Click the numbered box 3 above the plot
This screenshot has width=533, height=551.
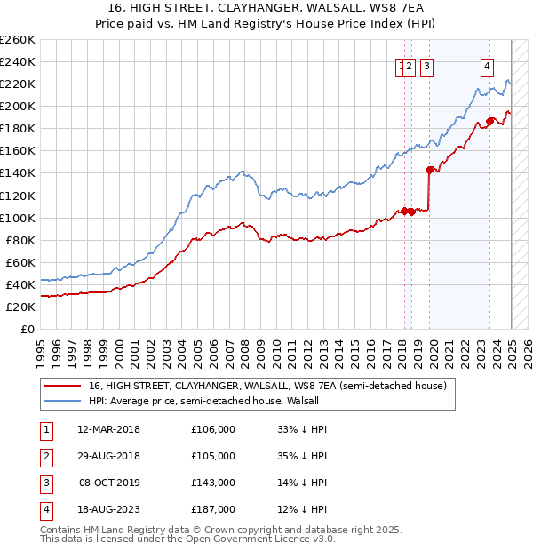[x=427, y=65]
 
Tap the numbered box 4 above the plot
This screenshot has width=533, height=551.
[x=489, y=65]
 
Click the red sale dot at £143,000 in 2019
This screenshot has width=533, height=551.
[x=430, y=169]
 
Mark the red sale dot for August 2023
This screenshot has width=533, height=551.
[x=489, y=121]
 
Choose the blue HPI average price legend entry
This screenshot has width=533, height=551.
[x=203, y=402]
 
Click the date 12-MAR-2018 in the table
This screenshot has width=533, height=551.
[x=109, y=429]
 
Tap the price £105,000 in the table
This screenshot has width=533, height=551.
[x=213, y=456]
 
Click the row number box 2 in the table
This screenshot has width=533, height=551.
[x=46, y=456]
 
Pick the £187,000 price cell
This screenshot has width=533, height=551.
[x=213, y=509]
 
